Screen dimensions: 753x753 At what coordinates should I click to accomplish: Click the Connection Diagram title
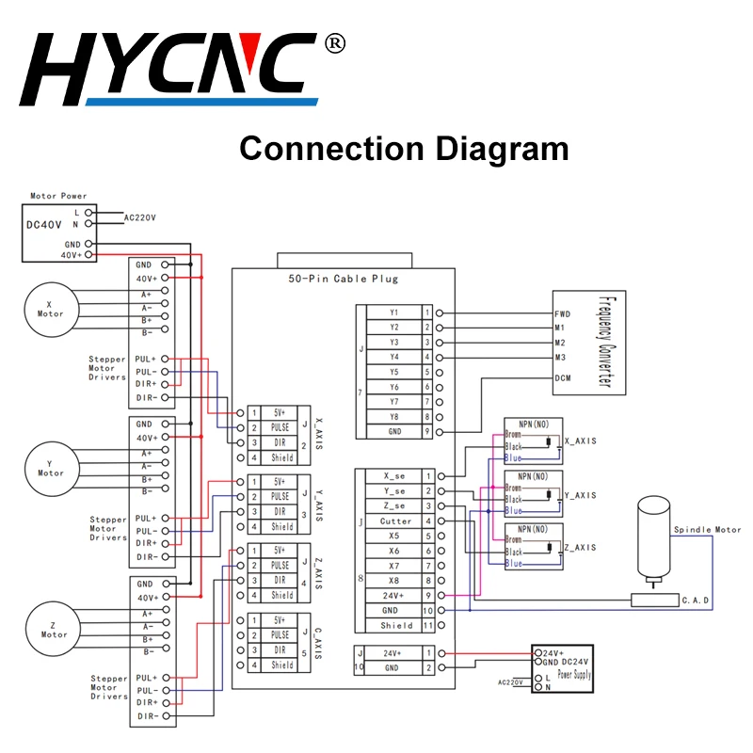(x=404, y=149)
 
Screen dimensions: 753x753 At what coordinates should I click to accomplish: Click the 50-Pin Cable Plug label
(x=343, y=279)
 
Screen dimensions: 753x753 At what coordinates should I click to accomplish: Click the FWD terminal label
(x=562, y=313)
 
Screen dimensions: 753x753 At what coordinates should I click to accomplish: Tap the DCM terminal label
(x=562, y=377)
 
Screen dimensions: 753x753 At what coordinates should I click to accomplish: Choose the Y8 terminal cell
(x=393, y=417)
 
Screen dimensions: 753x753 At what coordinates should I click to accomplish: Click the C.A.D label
(x=695, y=600)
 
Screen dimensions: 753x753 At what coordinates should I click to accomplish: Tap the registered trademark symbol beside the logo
(x=335, y=44)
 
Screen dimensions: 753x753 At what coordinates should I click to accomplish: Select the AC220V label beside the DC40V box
(x=140, y=217)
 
